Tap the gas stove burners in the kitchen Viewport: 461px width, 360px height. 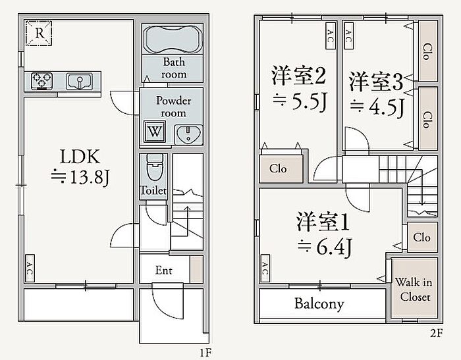tap(42, 81)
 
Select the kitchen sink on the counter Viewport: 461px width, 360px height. tap(79, 81)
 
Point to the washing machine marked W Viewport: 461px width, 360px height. tap(153, 131)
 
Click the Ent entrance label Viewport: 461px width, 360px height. tap(163, 270)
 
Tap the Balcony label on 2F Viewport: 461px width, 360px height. tap(319, 304)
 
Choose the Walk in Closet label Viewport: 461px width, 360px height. tap(414, 290)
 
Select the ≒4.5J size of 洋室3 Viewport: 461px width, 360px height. tap(376, 107)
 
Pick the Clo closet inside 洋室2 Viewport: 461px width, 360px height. tap(278, 168)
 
